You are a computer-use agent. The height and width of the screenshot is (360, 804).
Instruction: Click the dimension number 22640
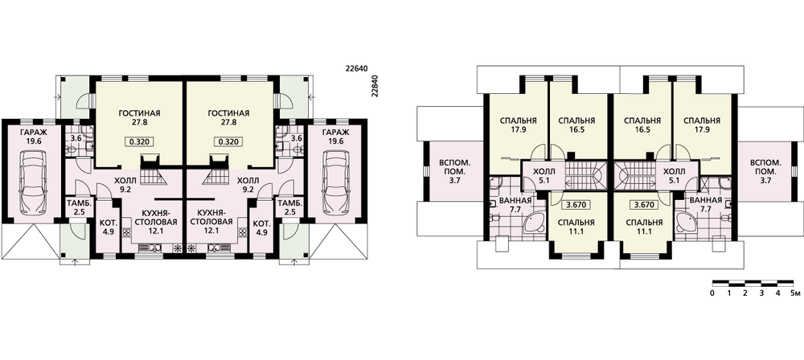[x=359, y=67]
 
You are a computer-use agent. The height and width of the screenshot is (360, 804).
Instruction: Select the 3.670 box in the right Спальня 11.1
[x=642, y=205]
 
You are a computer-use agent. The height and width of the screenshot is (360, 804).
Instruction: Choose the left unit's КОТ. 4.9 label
[x=107, y=227]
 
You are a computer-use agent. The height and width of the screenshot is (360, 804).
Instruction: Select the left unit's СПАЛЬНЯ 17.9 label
[x=518, y=125]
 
